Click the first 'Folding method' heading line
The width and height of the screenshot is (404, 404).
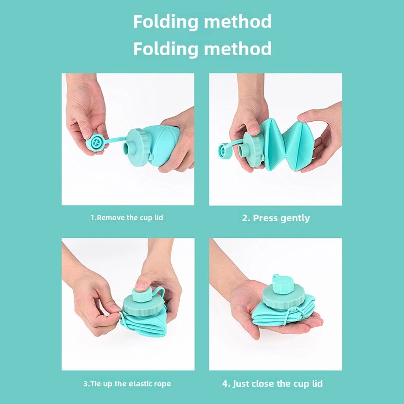pyautogui.click(x=202, y=22)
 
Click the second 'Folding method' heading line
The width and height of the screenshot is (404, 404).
pyautogui.click(x=202, y=49)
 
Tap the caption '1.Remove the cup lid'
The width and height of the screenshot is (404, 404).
pyautogui.click(x=127, y=218)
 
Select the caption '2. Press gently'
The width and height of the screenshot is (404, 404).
pyautogui.click(x=276, y=218)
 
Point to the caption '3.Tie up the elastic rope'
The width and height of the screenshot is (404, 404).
pyautogui.click(x=127, y=384)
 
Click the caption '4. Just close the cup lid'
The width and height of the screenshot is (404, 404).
pyautogui.click(x=272, y=383)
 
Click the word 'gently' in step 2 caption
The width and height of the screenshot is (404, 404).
pyautogui.click(x=293, y=218)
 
